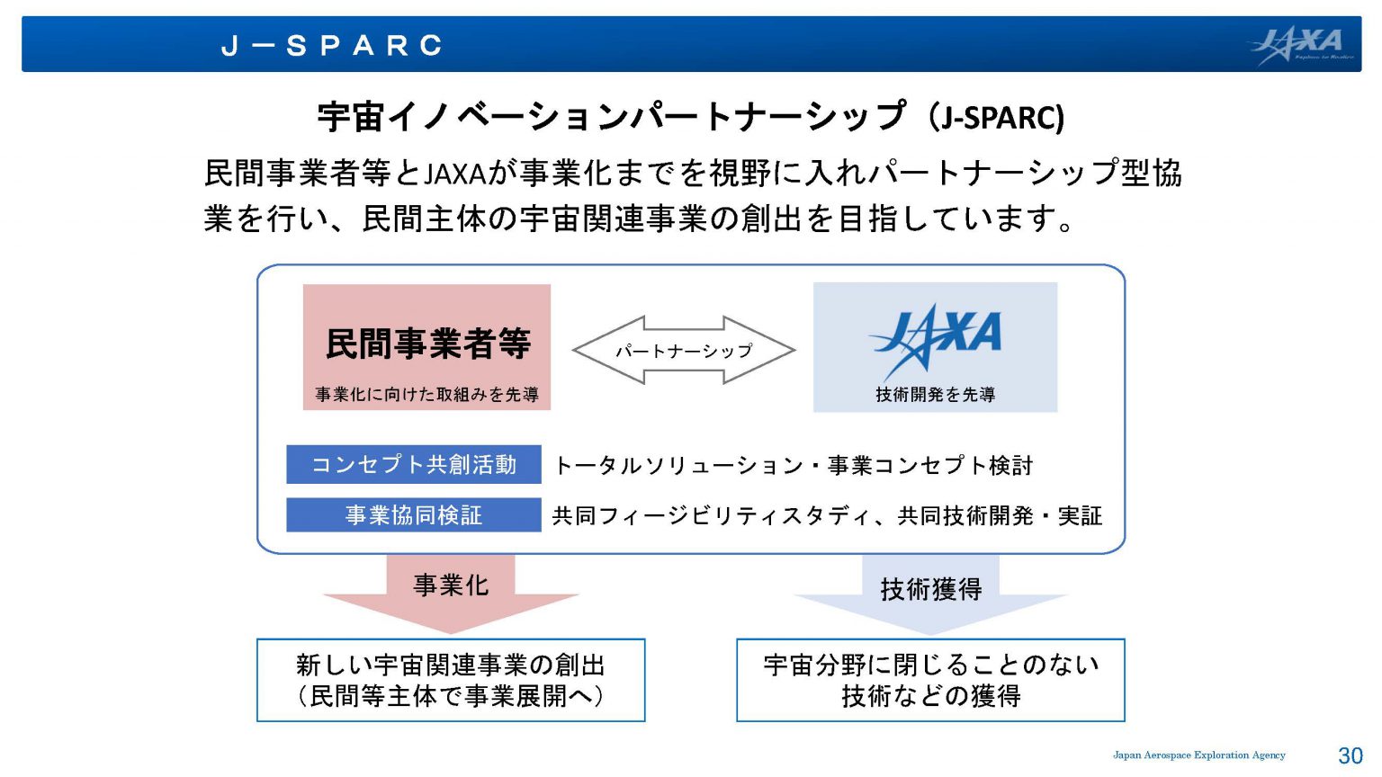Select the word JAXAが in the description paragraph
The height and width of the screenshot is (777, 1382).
[x=470, y=174]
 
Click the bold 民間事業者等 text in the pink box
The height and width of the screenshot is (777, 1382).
[x=427, y=344]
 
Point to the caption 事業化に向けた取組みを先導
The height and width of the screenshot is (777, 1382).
[x=427, y=395]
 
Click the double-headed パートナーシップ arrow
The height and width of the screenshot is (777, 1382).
[x=684, y=350]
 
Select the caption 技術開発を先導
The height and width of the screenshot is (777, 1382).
[x=936, y=395]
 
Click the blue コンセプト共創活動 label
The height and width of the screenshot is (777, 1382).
[x=414, y=464]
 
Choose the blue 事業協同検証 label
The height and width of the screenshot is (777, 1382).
[x=414, y=515]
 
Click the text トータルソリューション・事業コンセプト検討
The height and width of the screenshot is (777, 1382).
[x=794, y=466]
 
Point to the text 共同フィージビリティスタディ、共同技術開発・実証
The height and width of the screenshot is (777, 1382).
[x=828, y=516]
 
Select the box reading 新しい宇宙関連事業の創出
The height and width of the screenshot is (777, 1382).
[x=451, y=680]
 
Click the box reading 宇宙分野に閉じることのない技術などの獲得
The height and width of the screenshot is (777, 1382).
[x=930, y=680]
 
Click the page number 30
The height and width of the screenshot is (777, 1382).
[x=1350, y=755]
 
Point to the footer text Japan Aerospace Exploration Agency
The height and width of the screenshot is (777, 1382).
[x=1199, y=755]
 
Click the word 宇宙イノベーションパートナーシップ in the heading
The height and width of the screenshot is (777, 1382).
[x=611, y=117]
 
